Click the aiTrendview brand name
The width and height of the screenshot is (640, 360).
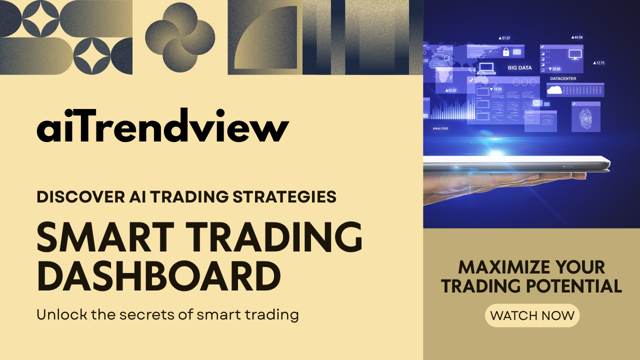click(162, 125)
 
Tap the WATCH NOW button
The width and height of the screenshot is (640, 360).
click(532, 315)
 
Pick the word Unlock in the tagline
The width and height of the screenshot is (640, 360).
click(58, 314)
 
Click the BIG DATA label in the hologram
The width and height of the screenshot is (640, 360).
click(519, 67)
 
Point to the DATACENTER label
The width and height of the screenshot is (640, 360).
click(563, 78)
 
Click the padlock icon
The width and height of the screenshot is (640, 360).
click(506, 51)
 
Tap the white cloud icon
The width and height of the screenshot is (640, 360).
click(554, 90)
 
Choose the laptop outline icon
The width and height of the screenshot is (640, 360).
click(486, 68)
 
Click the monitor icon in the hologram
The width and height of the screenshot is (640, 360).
click(575, 54)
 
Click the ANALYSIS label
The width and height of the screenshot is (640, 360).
click(440, 128)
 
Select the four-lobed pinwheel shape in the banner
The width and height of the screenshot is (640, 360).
click(180, 37)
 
